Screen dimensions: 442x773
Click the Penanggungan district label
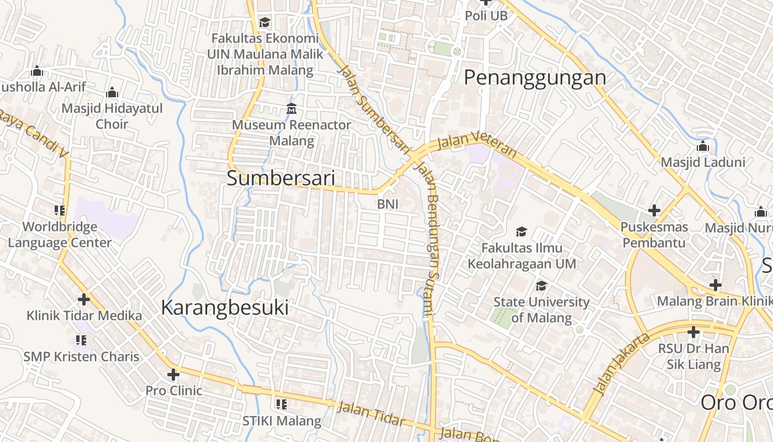click(x=534, y=77)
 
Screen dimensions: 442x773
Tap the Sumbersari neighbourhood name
click(x=281, y=178)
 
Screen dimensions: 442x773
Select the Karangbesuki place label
click(x=225, y=308)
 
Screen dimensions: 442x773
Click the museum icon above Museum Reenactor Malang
click(x=291, y=109)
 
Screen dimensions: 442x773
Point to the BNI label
click(x=388, y=204)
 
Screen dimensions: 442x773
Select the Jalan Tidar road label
click(x=370, y=414)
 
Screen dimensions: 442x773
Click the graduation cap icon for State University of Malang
click(x=541, y=286)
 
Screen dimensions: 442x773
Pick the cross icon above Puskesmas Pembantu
click(x=654, y=211)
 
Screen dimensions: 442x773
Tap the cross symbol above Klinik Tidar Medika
click(x=84, y=299)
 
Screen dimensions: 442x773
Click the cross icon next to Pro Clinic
click(x=173, y=375)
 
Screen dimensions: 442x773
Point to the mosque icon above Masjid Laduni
click(x=703, y=146)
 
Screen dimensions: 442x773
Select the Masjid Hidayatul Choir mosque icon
click(x=112, y=92)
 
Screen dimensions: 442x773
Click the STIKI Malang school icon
click(x=282, y=404)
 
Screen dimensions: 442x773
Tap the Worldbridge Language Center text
click(x=60, y=234)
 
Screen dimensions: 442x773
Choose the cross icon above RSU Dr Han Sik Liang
click(x=693, y=333)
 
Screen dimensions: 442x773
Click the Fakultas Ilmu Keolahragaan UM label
click(x=522, y=256)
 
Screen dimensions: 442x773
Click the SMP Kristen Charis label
click(x=81, y=356)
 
